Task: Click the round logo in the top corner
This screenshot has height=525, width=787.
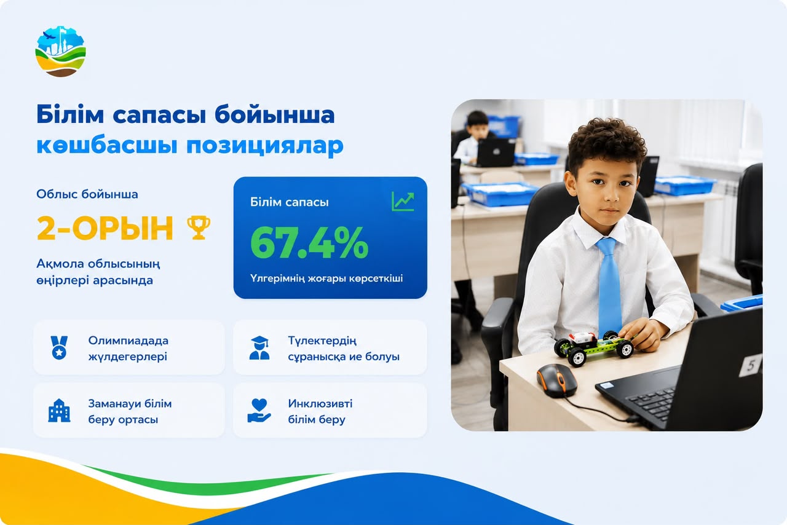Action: pos(60,51)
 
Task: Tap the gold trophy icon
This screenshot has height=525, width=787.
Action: pos(199,227)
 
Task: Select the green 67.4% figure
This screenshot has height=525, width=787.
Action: pos(309,243)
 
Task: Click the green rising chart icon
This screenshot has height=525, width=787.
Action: pos(403,202)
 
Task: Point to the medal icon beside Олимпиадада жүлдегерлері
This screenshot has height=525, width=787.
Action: pos(59,347)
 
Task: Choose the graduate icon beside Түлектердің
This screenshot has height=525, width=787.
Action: pos(259,348)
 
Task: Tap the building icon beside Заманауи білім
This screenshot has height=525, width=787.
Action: pos(59,410)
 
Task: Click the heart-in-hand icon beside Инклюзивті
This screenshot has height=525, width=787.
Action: pos(259,410)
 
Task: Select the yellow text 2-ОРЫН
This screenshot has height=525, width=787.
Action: pos(105,229)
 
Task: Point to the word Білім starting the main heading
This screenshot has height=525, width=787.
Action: pos(70,114)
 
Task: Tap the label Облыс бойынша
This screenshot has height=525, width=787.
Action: pos(87,194)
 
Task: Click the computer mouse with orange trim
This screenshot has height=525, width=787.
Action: pos(556,380)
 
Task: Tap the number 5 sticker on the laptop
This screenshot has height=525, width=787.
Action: pos(750,365)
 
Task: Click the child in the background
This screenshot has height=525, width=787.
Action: pos(473,139)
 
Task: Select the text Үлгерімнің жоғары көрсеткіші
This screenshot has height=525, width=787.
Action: pos(326,278)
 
